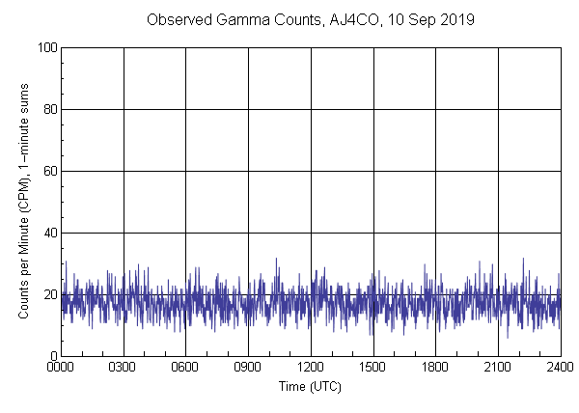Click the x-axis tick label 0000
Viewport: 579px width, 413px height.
point(61,368)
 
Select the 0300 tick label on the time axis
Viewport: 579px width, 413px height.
point(124,368)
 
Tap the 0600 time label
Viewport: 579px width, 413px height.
point(185,368)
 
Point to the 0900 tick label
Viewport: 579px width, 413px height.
point(248,368)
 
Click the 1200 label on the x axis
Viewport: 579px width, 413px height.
point(311,368)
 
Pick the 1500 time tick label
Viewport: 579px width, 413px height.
point(372,368)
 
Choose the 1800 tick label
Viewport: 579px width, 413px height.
point(435,368)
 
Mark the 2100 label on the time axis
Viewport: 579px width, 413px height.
point(498,368)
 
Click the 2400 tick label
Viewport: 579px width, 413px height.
point(560,368)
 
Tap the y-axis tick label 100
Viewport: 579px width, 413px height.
point(47,47)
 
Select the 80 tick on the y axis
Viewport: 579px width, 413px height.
point(50,109)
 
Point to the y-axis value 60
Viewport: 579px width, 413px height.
point(50,171)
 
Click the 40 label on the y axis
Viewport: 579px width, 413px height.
point(50,233)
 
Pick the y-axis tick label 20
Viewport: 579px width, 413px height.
point(50,294)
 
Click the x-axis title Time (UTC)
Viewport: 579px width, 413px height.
point(310,386)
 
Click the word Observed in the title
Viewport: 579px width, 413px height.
point(177,19)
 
